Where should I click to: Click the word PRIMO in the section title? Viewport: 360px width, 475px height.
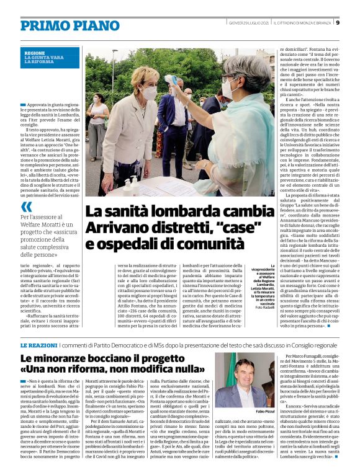44,25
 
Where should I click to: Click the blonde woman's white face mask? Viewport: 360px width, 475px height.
150,94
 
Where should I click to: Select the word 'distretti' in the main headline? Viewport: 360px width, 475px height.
166,228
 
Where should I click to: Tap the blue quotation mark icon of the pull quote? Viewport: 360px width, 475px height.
26,206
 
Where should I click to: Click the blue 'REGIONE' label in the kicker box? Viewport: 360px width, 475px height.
35,53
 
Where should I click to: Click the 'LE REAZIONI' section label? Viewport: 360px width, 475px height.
40,344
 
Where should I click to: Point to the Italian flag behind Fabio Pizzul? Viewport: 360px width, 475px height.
221,379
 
